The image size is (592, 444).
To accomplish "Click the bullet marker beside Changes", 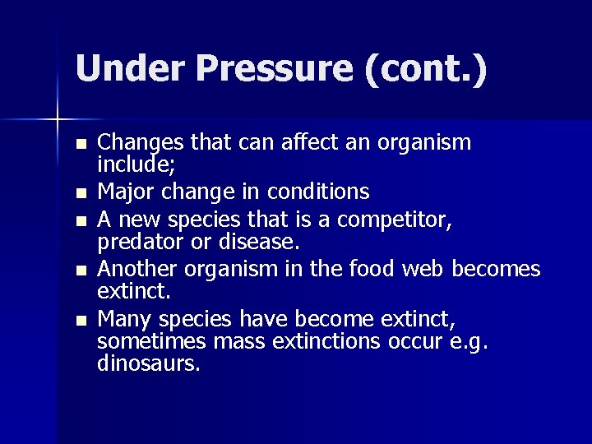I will [79, 144].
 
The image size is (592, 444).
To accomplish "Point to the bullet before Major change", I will [79, 193].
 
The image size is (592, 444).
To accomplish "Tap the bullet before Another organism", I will [79, 271].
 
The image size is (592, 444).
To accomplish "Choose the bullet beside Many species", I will [79, 320].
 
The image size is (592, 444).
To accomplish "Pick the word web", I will [421, 269].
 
